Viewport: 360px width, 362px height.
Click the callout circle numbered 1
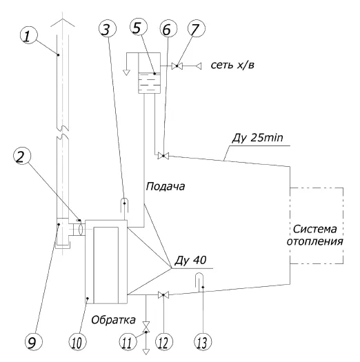click(29, 36)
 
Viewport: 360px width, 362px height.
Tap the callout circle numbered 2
click(22, 157)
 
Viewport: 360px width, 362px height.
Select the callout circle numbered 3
click(108, 29)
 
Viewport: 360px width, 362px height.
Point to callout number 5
click(139, 28)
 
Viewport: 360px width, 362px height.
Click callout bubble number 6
click(168, 29)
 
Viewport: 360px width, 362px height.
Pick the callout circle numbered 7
click(197, 28)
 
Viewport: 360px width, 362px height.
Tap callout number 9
click(34, 342)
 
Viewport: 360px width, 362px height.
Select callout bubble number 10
click(78, 342)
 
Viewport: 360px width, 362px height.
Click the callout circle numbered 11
click(128, 342)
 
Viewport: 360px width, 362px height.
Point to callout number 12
click(164, 342)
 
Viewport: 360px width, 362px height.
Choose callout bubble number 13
click(203, 342)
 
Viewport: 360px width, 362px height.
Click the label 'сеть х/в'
click(232, 66)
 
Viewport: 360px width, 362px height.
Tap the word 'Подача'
click(166, 187)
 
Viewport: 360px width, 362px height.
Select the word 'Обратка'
click(113, 320)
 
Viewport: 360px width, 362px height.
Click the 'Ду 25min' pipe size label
click(257, 138)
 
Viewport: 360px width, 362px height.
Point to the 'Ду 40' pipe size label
click(190, 261)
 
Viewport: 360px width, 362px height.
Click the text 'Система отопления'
click(314, 235)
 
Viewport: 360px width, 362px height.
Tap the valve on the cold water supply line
click(177, 66)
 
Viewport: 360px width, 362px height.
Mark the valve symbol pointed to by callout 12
click(163, 295)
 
